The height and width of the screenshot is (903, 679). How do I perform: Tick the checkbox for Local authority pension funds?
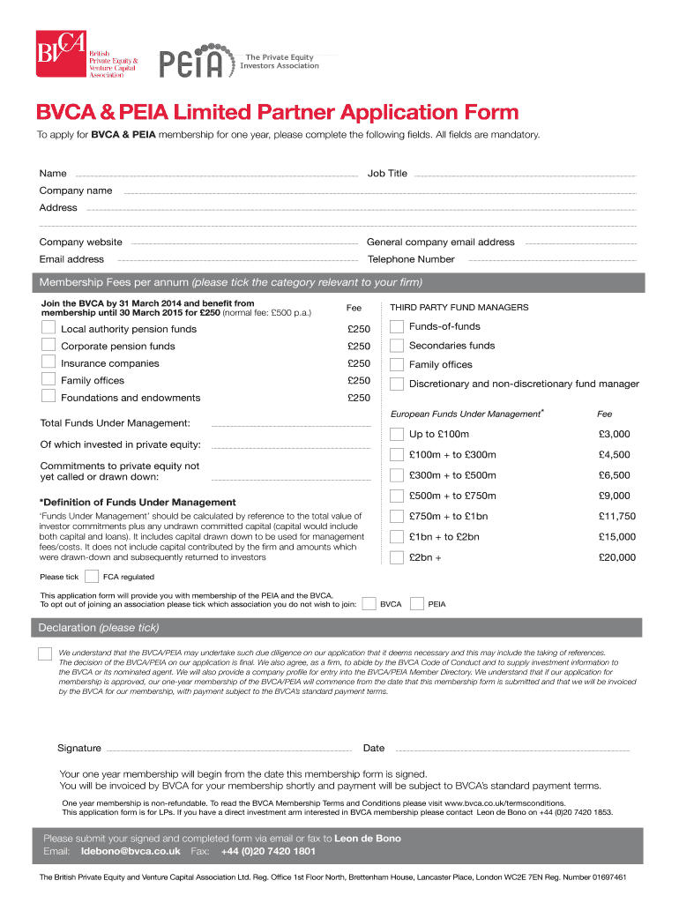tap(48, 328)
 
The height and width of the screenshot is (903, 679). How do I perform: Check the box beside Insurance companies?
tap(48, 362)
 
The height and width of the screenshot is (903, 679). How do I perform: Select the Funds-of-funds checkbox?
tap(397, 327)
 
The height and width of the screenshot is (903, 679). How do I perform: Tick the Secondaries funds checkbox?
tap(397, 346)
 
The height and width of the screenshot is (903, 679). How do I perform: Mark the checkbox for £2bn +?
tap(397, 557)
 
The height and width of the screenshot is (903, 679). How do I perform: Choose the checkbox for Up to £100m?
tap(397, 434)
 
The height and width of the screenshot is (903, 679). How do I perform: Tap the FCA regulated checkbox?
tap(91, 577)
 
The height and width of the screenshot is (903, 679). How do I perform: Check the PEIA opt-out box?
tap(417, 604)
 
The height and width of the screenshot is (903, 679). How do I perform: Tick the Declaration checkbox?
tap(44, 653)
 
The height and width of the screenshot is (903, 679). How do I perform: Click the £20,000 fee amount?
tap(616, 557)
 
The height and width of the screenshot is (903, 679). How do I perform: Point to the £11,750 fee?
tap(616, 517)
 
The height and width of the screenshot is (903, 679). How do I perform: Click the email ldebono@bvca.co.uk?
tap(131, 851)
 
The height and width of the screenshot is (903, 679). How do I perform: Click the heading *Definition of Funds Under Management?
tap(138, 502)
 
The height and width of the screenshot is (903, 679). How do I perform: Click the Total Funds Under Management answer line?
tap(291, 426)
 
